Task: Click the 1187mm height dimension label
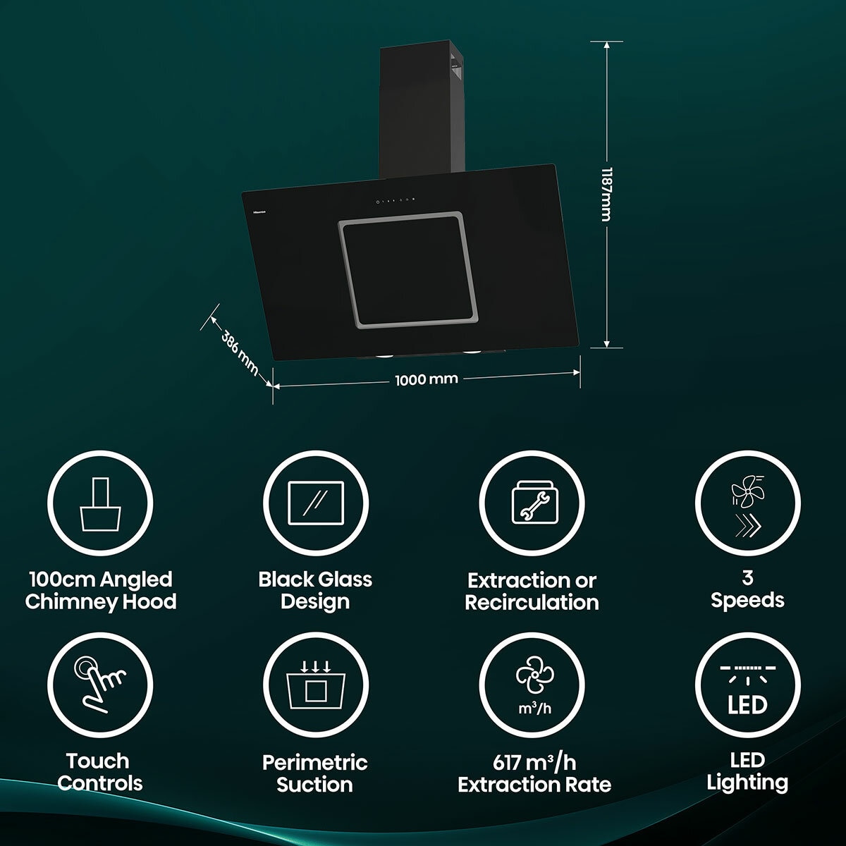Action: (x=606, y=194)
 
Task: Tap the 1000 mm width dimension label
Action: (x=427, y=379)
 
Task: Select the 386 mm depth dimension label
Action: (x=239, y=353)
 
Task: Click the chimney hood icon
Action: (x=100, y=504)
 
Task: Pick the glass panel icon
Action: (x=316, y=503)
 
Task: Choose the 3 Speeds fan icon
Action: (x=748, y=505)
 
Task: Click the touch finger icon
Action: (x=100, y=685)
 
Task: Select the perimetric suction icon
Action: (x=316, y=685)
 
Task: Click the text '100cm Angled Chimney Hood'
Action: (x=101, y=591)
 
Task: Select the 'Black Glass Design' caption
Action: (x=315, y=591)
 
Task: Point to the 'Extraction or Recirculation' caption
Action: (x=532, y=591)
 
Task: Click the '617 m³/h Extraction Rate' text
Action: (x=534, y=773)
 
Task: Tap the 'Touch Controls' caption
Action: (x=99, y=772)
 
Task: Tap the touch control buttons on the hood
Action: (x=395, y=201)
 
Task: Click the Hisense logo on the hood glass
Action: (x=262, y=212)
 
